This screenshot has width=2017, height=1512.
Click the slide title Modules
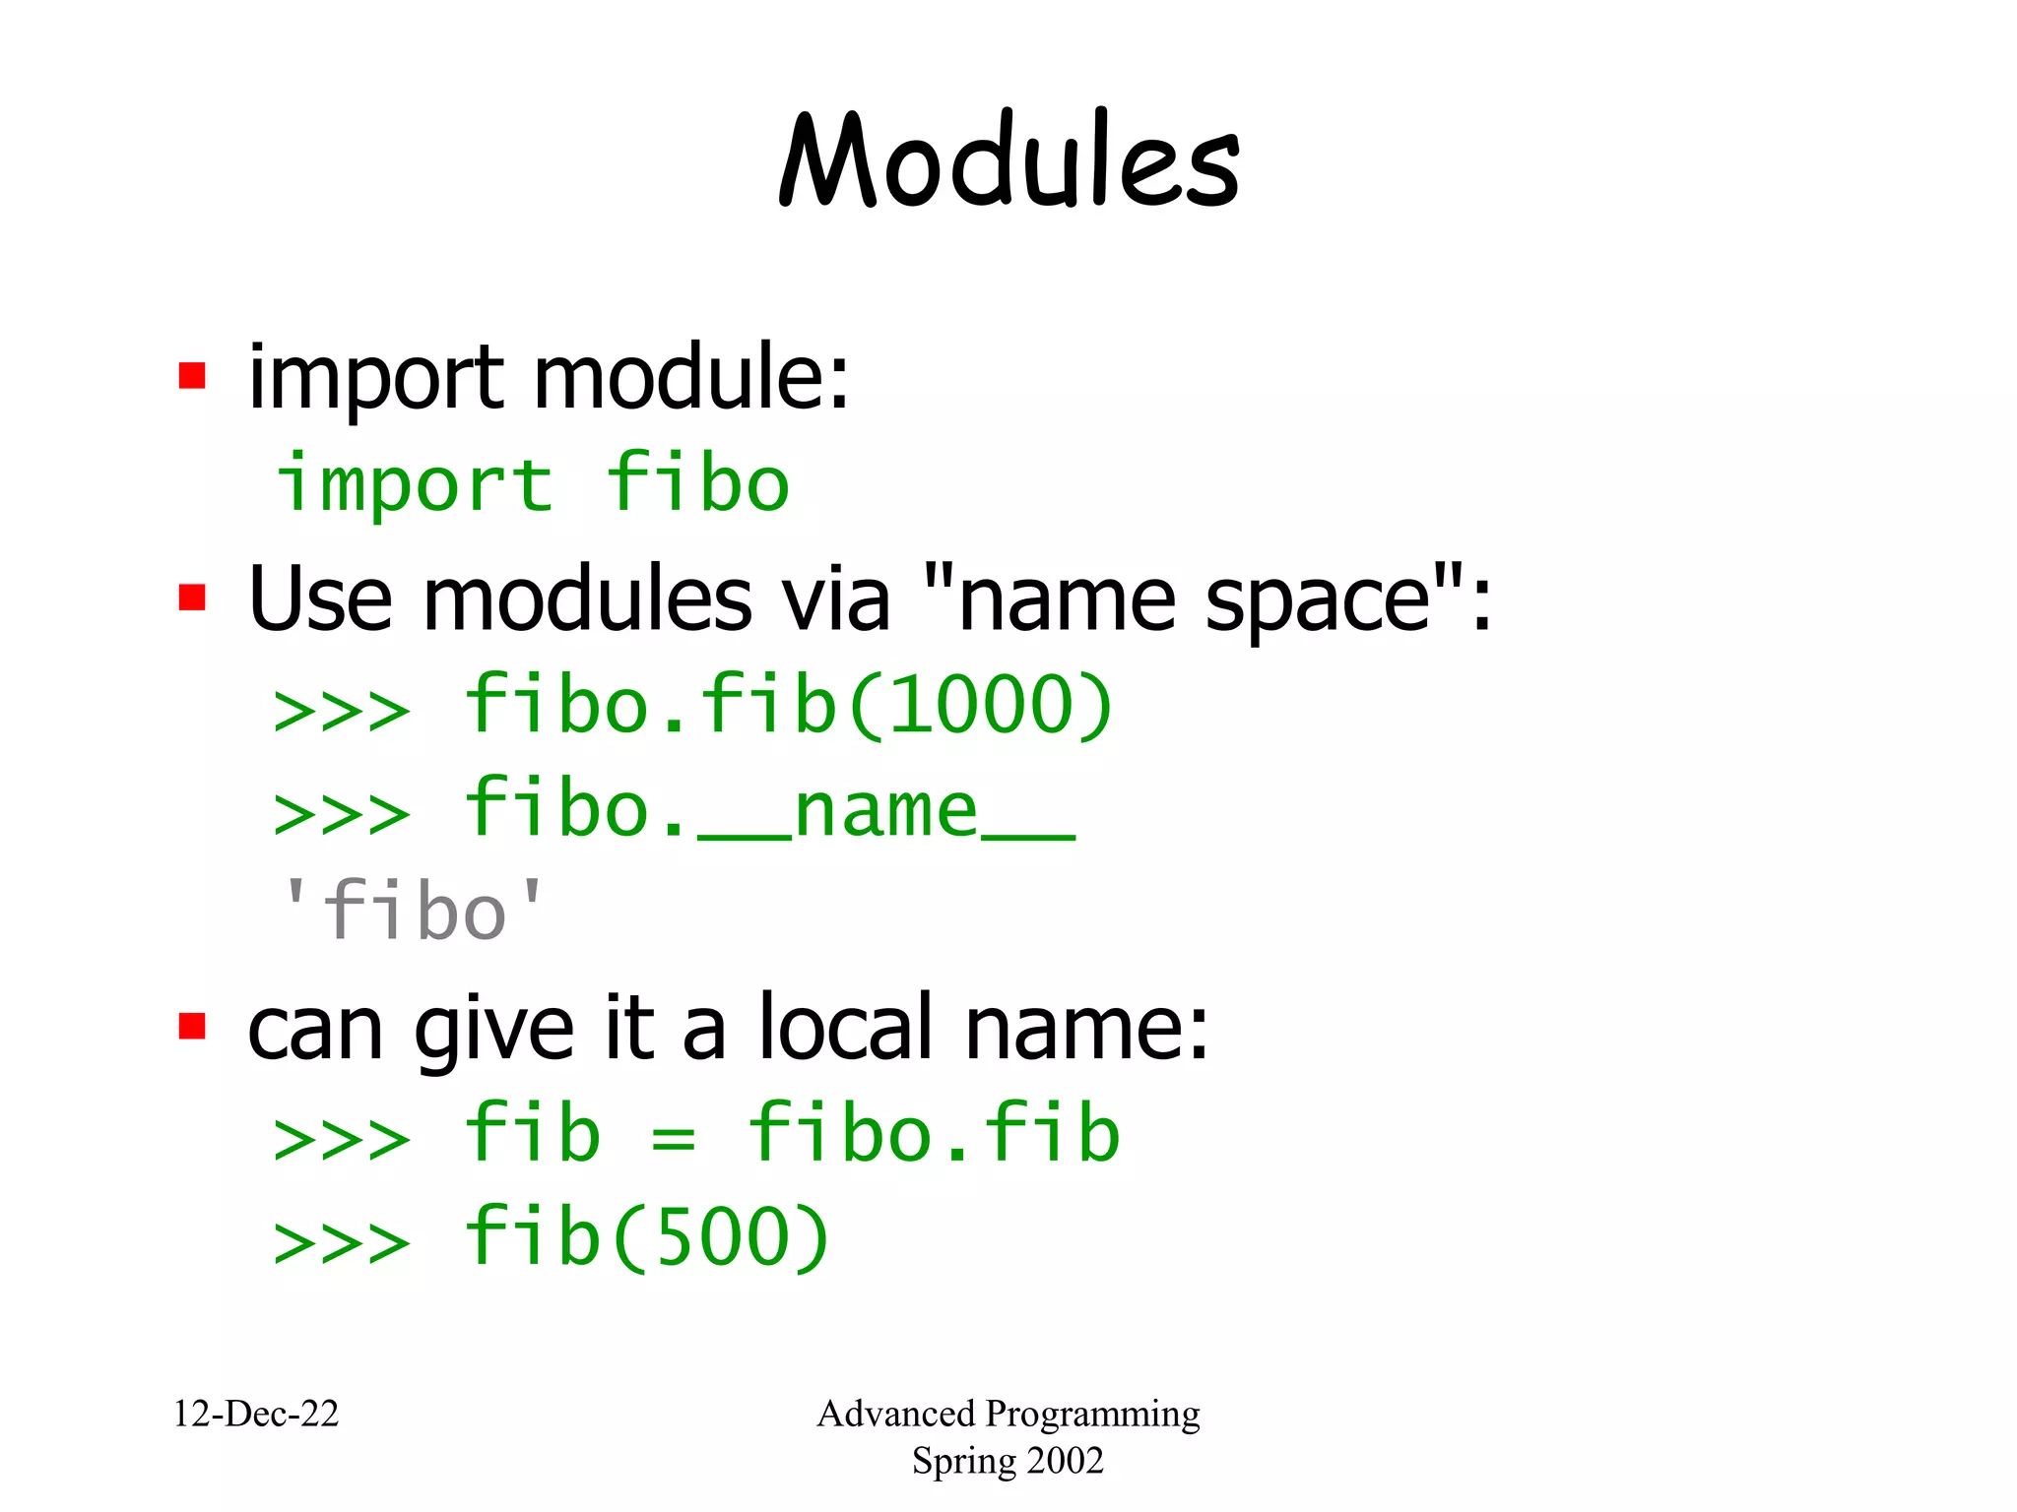pos(1008,160)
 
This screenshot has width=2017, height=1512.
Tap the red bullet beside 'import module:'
pos(192,376)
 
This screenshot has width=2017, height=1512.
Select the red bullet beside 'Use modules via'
pos(192,598)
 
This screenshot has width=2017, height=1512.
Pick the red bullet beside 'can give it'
pos(192,1027)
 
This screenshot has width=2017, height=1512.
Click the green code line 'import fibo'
pos(533,483)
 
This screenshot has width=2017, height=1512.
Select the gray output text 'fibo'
pos(413,912)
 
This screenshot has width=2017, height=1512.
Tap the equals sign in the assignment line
pos(674,1137)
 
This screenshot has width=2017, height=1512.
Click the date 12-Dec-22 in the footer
pos(256,1414)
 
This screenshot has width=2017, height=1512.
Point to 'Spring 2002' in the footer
pos(1008,1461)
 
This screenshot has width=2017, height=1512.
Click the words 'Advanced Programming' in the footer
pos(1008,1414)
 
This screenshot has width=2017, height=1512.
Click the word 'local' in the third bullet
pos(845,1029)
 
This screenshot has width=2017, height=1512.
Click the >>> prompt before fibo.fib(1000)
pos(342,710)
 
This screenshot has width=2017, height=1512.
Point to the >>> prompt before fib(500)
pos(342,1241)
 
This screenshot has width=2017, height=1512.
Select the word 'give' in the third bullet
pos(493,1032)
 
